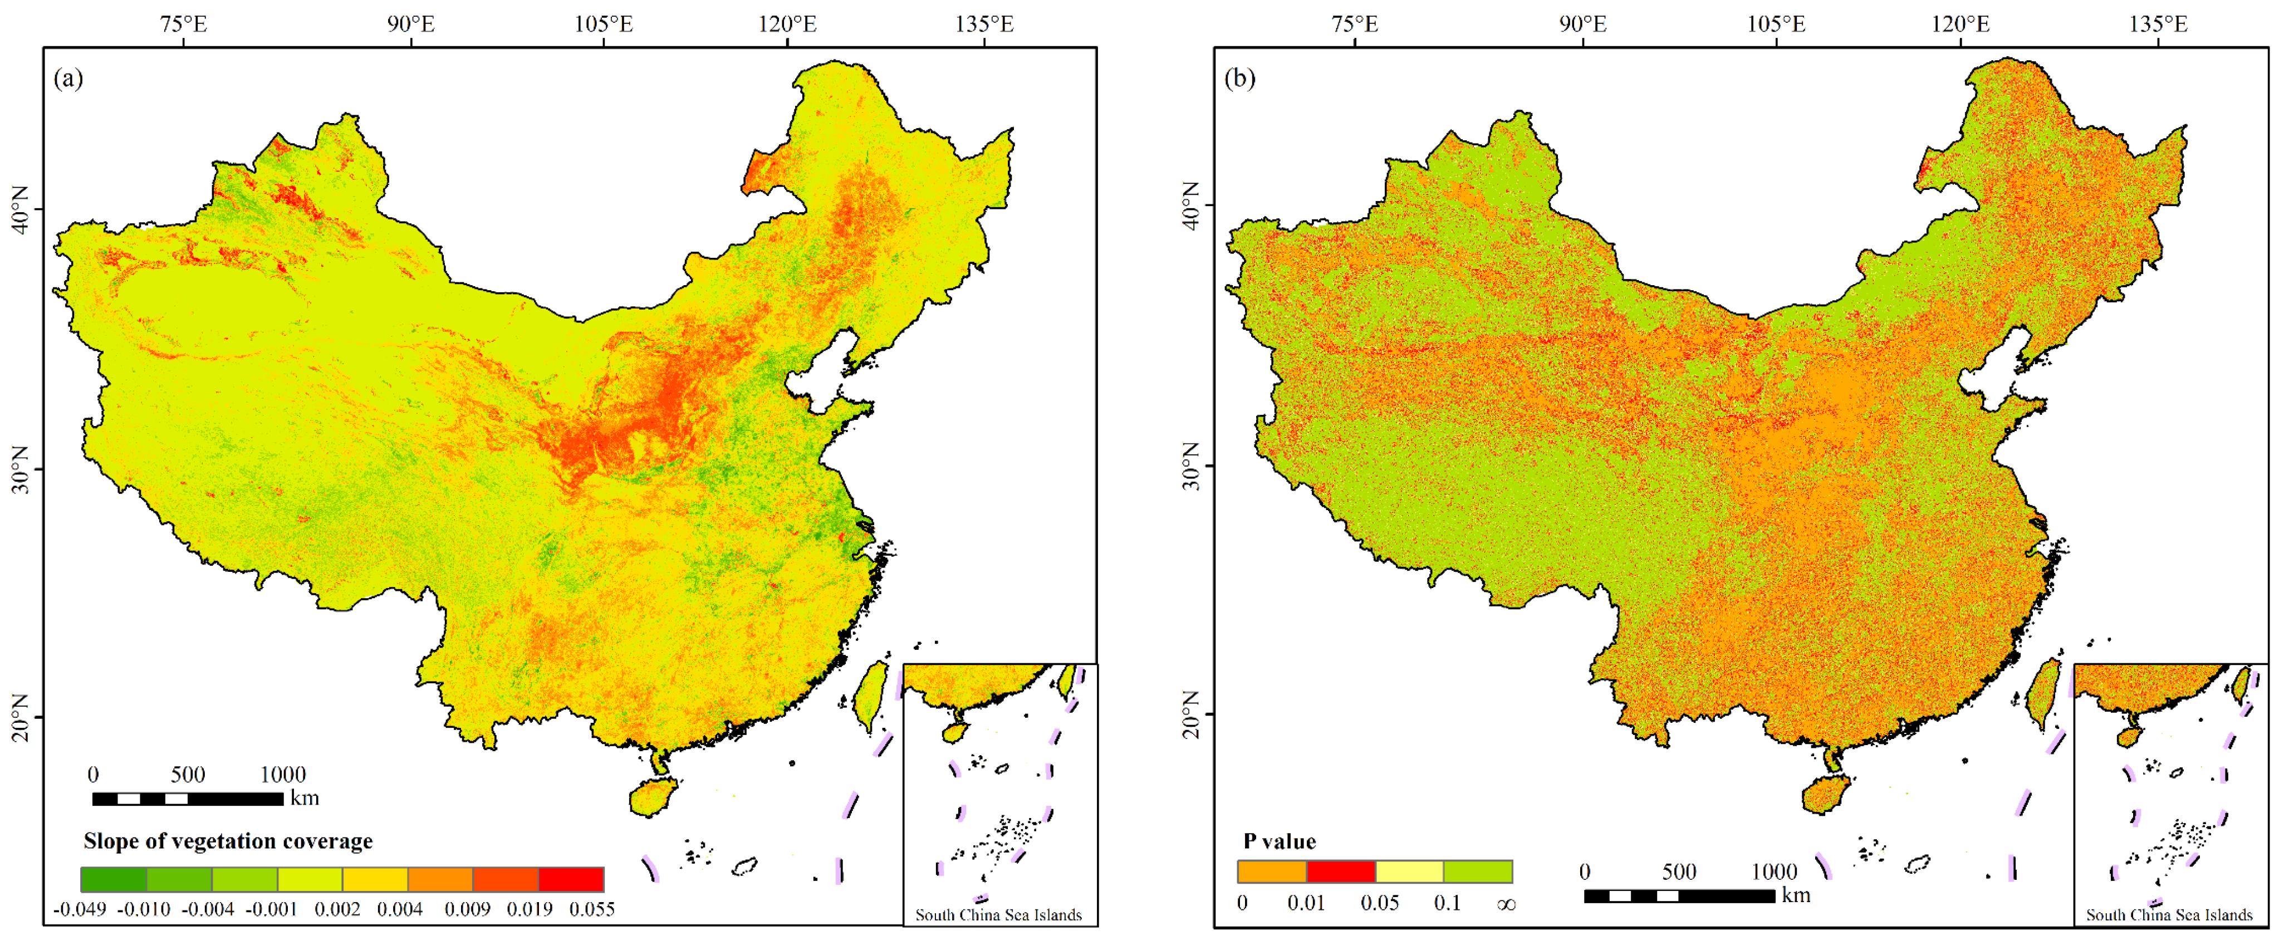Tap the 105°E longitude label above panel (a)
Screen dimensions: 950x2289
604,24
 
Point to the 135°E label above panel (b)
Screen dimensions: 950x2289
2158,24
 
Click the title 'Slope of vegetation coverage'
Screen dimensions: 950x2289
228,841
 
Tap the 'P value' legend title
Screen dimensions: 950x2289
1280,841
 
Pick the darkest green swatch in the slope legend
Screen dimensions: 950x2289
114,879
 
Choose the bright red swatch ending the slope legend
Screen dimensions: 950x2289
571,879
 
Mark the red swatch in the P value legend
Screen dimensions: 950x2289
1341,871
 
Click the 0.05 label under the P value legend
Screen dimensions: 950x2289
1379,903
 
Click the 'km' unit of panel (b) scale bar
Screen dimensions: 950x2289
1796,895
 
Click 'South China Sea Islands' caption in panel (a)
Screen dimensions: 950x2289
999,914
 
